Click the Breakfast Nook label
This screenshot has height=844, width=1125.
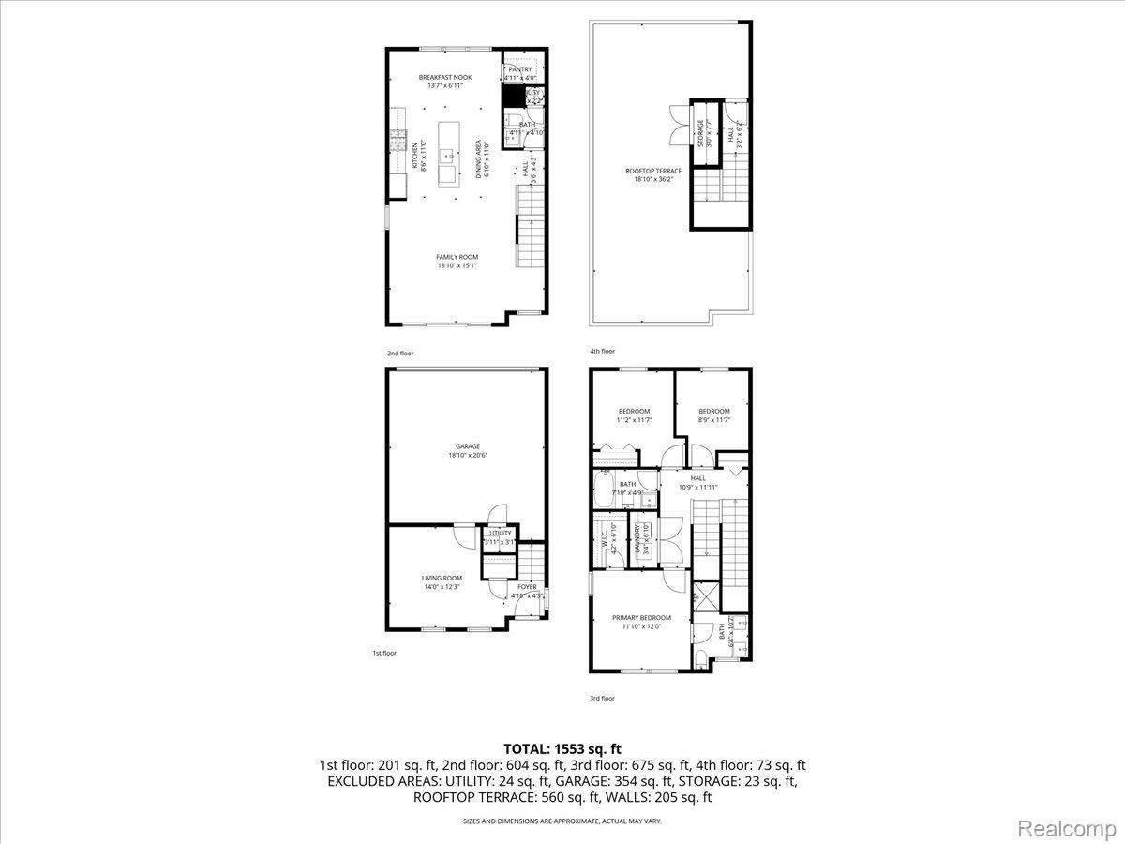450,78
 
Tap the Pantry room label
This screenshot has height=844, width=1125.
520,69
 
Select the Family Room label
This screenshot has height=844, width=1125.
457,257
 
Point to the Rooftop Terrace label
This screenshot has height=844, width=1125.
653,171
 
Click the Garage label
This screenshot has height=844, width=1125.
468,446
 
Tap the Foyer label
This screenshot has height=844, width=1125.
528,587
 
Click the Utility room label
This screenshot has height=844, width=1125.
500,534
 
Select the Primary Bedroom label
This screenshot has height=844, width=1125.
641,618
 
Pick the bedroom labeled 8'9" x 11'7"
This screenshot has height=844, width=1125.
713,412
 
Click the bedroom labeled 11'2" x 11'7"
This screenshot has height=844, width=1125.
634,412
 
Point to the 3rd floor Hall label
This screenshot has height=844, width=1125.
698,478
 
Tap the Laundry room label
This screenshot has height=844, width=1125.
639,541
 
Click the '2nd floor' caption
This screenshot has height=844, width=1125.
400,354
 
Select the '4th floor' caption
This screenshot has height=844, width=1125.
602,351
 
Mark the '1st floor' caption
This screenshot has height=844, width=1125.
384,653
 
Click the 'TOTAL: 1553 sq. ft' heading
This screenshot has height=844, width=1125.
562,748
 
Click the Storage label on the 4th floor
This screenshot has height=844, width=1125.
699,133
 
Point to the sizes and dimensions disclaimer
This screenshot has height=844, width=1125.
562,821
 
